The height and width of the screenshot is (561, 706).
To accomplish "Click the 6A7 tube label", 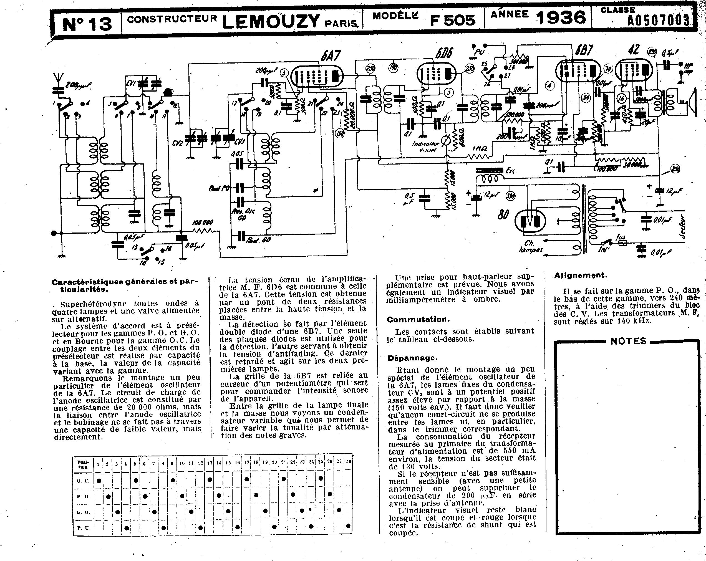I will tap(331, 56).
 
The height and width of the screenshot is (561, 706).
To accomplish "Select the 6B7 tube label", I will tap(584, 50).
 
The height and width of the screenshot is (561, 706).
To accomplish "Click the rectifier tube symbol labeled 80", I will tap(530, 220).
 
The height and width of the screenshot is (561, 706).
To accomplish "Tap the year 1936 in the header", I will tap(561, 18).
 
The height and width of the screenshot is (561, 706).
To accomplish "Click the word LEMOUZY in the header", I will tap(271, 22).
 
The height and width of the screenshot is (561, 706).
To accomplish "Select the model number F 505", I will tap(453, 20).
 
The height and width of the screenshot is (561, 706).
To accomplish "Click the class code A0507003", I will tap(658, 21).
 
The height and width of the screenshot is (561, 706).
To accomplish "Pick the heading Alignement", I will tap(581, 276).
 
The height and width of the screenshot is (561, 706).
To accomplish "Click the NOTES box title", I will tap(628, 341).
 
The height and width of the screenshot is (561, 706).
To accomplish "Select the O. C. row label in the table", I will tap(83, 481).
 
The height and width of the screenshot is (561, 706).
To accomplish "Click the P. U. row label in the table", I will tap(83, 528).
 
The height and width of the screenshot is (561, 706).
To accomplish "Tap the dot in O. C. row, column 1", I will tap(99, 481).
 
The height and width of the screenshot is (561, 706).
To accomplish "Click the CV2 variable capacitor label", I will tap(178, 143).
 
